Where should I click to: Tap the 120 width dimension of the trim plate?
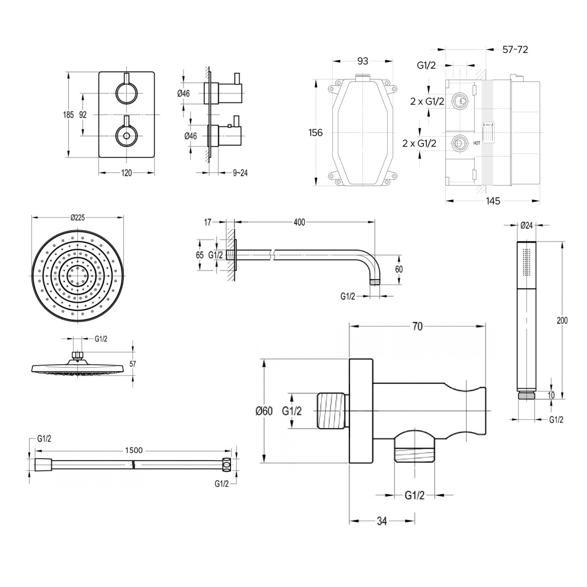[127, 173]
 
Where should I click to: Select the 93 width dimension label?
[362, 61]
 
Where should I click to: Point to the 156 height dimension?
[315, 132]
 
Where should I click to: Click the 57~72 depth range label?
[515, 49]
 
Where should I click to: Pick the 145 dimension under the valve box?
[493, 201]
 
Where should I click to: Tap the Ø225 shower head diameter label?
[78, 217]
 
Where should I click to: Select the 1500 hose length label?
[134, 450]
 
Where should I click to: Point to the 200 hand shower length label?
[562, 321]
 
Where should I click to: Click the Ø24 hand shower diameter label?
[526, 225]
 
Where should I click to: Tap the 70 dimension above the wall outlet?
[417, 326]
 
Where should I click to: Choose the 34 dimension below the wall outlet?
[382, 521]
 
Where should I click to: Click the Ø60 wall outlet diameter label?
[264, 411]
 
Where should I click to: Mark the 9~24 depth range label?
[240, 173]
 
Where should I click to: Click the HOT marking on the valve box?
[476, 143]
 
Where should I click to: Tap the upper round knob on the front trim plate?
[126, 93]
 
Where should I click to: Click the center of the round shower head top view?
[78, 276]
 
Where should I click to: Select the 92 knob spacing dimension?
[83, 115]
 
